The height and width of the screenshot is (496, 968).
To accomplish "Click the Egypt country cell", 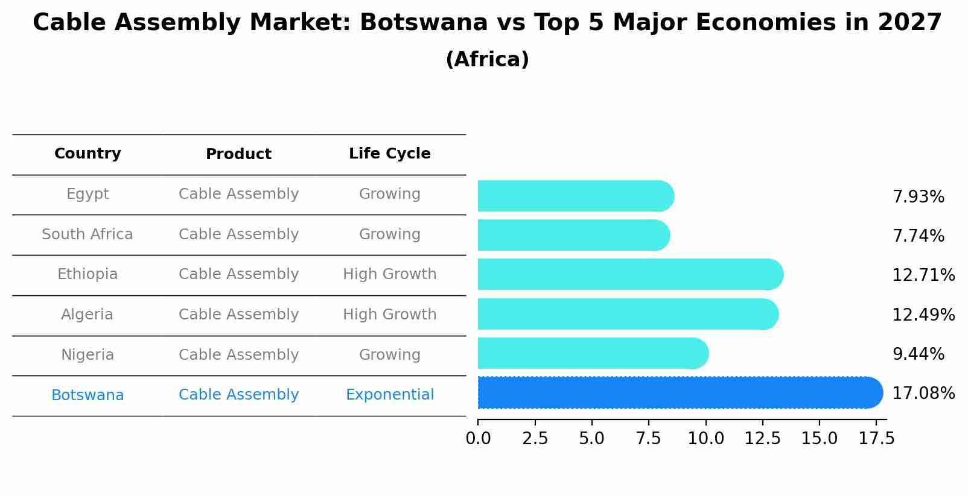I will (x=88, y=194).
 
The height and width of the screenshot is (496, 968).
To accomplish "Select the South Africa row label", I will (x=88, y=234).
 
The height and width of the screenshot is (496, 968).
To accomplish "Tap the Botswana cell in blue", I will (x=88, y=395).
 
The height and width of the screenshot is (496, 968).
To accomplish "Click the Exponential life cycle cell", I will (x=390, y=395).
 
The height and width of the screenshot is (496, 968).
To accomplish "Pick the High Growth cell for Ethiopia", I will (x=390, y=274).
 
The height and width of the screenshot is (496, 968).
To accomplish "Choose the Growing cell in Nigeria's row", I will (x=390, y=355).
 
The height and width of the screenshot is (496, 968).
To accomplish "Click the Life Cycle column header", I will (x=390, y=154).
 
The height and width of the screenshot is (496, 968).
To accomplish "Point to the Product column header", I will (x=238, y=154).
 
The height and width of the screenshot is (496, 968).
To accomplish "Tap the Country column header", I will (x=88, y=154).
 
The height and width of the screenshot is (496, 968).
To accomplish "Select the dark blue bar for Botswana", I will (x=676, y=393).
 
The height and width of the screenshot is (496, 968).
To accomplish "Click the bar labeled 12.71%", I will (x=628, y=275).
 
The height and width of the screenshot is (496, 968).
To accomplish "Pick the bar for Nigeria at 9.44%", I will (x=591, y=354).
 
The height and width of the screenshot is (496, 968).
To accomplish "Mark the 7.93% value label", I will (x=918, y=197).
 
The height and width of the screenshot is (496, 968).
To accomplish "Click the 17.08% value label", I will (x=923, y=394).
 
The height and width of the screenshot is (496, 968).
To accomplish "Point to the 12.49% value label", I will (x=923, y=315).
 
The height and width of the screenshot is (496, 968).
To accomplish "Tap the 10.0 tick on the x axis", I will (x=705, y=439).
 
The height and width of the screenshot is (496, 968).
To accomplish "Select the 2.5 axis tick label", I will (x=535, y=439).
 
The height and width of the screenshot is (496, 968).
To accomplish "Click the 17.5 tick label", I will (x=877, y=439).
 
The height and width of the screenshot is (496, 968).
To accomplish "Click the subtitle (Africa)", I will (x=487, y=60).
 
